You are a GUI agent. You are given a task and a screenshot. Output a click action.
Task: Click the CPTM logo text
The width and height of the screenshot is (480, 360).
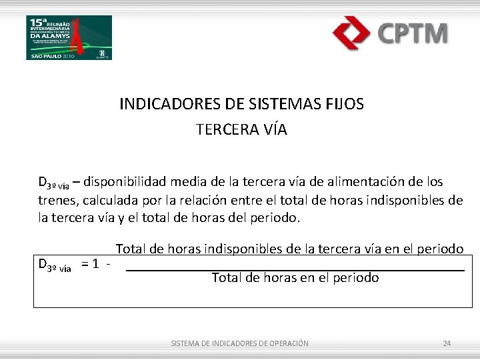(413, 33)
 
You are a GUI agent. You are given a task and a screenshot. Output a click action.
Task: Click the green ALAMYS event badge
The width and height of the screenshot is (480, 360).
(69, 37)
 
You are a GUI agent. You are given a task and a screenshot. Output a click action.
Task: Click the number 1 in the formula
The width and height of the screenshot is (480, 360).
(97, 264)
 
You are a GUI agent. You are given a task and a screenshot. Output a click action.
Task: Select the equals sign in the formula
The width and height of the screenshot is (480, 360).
(85, 264)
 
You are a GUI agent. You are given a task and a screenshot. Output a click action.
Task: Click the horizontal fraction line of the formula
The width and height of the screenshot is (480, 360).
(295, 270)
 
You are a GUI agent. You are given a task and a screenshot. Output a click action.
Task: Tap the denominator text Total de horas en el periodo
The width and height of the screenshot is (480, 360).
(295, 278)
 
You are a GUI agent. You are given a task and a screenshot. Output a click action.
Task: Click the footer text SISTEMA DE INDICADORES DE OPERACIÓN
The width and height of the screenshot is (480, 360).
(239, 343)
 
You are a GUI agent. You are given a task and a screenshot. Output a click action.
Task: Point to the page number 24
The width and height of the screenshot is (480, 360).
(447, 343)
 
